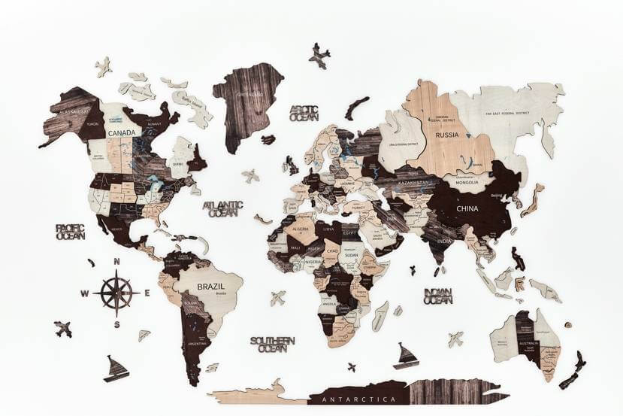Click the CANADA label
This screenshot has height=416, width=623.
point(122,133)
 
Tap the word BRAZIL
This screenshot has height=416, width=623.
point(211,287)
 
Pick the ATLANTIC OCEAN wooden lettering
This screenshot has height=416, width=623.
point(223,208)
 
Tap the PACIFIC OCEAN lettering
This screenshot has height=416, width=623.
point(70,231)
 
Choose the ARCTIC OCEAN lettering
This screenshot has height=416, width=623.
point(304,113)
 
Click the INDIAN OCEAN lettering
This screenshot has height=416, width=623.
point(437,296)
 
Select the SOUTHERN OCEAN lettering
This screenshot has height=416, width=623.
point(272,344)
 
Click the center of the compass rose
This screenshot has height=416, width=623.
point(116,292)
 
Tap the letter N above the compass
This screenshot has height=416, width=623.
point(116,262)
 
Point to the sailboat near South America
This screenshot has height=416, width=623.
point(116,369)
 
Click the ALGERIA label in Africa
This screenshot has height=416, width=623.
point(300,229)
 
